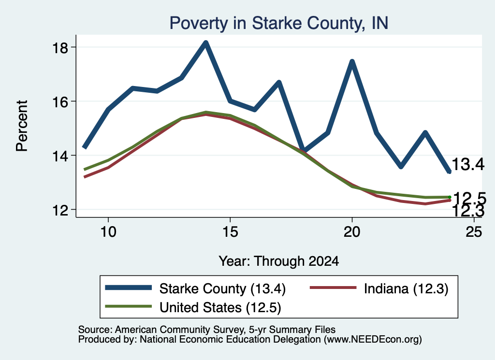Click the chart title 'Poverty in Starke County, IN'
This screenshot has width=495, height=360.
279,23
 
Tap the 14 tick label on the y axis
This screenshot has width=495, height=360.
60,156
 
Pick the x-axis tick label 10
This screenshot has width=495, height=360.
108,232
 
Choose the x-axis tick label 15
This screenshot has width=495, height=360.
230,232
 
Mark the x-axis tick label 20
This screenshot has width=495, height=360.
352,232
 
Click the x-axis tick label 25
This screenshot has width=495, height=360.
474,232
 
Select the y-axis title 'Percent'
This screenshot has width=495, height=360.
22,126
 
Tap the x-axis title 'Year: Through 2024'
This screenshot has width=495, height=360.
279,261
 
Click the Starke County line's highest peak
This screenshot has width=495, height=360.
206,43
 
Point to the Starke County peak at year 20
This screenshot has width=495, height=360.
352,61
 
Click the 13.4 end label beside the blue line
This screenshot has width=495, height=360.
468,164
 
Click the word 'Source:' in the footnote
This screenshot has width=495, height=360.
95,330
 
